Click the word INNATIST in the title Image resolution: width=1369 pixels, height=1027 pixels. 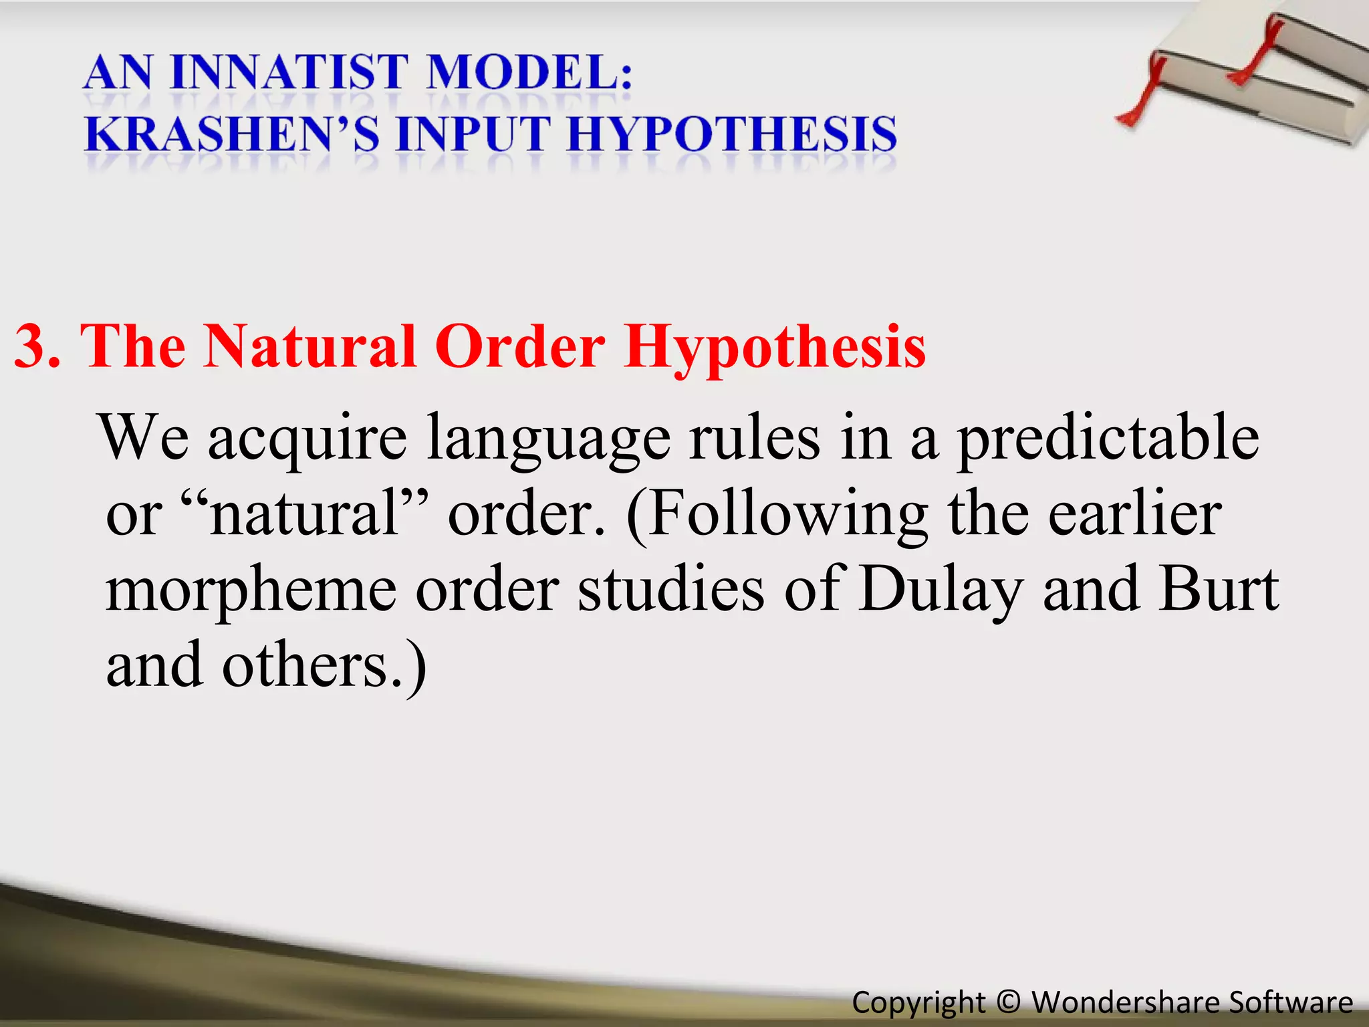point(289,72)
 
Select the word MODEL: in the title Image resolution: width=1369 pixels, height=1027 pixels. point(529,72)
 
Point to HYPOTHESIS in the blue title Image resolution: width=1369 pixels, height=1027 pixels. point(732,134)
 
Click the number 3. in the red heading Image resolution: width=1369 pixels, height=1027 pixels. point(37,346)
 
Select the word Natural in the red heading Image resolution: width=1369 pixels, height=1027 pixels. point(310,346)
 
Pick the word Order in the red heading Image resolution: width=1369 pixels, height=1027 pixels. point(520,346)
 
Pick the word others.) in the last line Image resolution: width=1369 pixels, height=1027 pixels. point(324,666)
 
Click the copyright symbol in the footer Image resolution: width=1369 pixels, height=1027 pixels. point(1008,1002)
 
